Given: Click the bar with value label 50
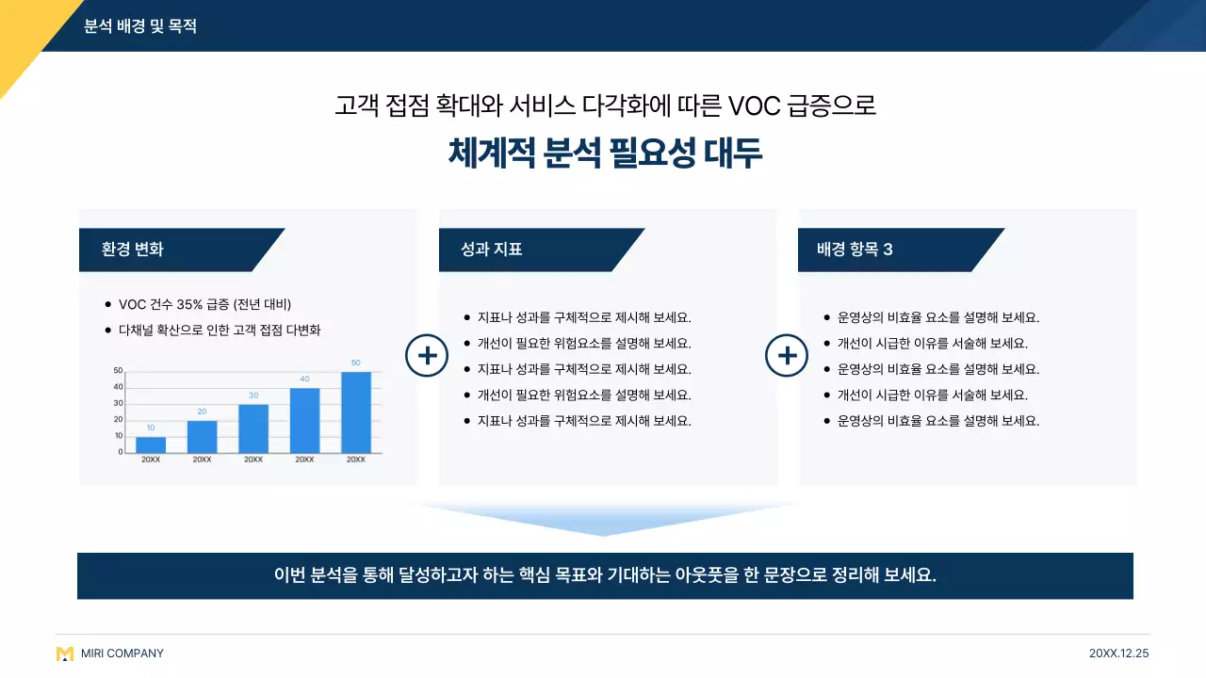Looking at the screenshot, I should pyautogui.click(x=355, y=412).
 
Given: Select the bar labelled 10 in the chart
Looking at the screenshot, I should pyautogui.click(x=151, y=444).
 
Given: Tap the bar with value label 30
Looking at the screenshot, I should pyautogui.click(x=253, y=428).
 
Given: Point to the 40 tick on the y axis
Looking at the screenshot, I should pyautogui.click(x=118, y=387).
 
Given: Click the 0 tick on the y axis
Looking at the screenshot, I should pyautogui.click(x=120, y=452).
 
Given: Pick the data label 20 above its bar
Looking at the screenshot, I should pyautogui.click(x=202, y=412).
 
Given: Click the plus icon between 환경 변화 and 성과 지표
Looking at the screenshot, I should pyautogui.click(x=427, y=356).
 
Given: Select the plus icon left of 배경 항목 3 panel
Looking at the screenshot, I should pyautogui.click(x=787, y=356).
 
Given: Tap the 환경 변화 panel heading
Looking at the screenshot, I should pyautogui.click(x=133, y=250).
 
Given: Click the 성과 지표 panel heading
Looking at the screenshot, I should pyautogui.click(x=492, y=250).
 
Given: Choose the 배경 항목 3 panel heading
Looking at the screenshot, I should pyautogui.click(x=855, y=250).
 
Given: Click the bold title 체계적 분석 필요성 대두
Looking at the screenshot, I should pyautogui.click(x=605, y=153).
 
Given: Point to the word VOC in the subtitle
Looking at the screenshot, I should pyautogui.click(x=754, y=105).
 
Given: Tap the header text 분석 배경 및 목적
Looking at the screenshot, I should pyautogui.click(x=140, y=26).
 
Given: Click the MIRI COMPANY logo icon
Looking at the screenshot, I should pyautogui.click(x=65, y=654).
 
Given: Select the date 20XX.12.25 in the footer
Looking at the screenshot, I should pyautogui.click(x=1118, y=654).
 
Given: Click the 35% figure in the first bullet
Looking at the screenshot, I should pyautogui.click(x=189, y=304).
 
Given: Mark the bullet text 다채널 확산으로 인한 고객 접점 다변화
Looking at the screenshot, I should pyautogui.click(x=220, y=331).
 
